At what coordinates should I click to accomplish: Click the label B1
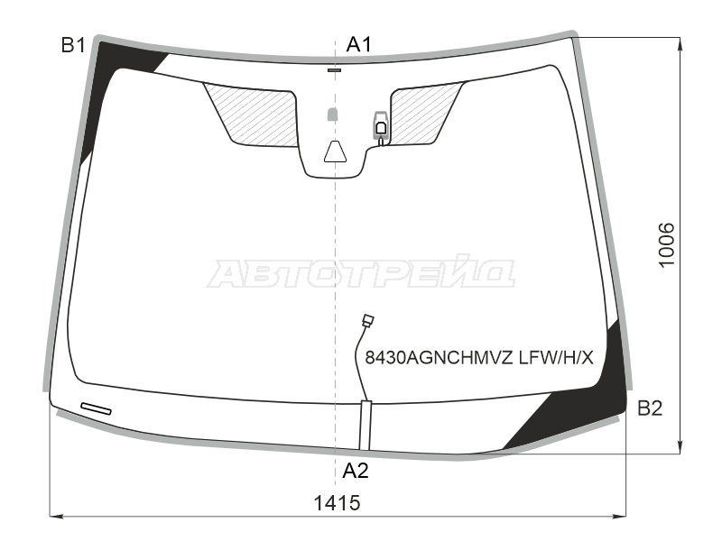click(73, 45)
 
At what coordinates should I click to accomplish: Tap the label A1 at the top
click(358, 44)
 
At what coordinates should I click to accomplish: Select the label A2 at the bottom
click(356, 471)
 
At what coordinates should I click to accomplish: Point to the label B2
click(650, 408)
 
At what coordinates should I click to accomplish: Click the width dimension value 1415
click(337, 503)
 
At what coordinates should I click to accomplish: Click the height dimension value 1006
click(666, 244)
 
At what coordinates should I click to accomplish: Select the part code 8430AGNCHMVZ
click(439, 357)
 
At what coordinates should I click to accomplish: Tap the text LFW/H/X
click(556, 357)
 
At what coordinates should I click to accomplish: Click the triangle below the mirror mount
click(335, 151)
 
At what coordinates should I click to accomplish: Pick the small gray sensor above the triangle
click(332, 115)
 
